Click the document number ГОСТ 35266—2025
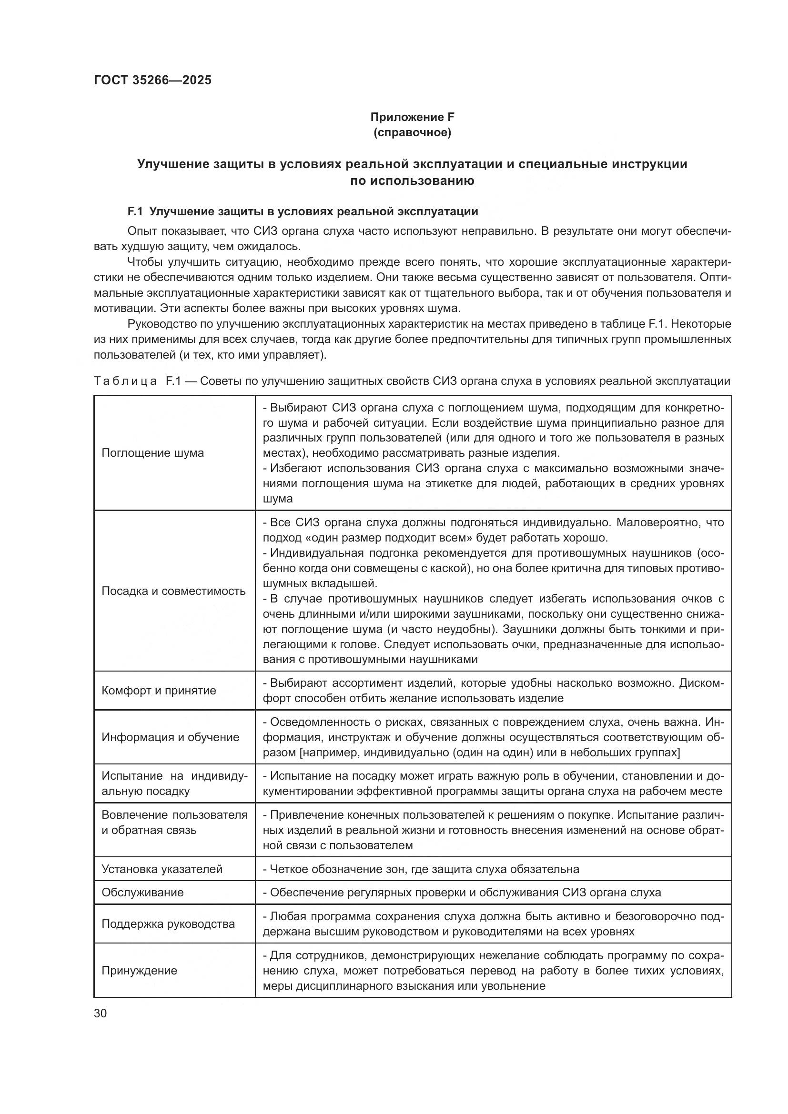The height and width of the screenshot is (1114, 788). (x=152, y=80)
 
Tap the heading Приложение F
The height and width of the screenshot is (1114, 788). (x=412, y=117)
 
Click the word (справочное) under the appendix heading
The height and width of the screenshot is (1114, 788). (x=412, y=132)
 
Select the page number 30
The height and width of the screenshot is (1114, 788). (x=100, y=1013)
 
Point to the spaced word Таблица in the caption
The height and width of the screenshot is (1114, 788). (x=125, y=381)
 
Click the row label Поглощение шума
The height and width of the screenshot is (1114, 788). (x=152, y=452)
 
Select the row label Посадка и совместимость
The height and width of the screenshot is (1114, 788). (x=173, y=591)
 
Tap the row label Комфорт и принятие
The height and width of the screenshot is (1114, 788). (x=159, y=691)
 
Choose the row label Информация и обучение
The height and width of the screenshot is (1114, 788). (x=170, y=737)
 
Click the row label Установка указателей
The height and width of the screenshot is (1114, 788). (x=162, y=869)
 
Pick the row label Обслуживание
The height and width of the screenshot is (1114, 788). (x=142, y=892)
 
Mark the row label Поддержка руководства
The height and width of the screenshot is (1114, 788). (x=168, y=924)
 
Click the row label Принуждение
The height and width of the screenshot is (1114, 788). (x=139, y=971)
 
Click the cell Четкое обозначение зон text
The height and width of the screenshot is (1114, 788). (x=421, y=869)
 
